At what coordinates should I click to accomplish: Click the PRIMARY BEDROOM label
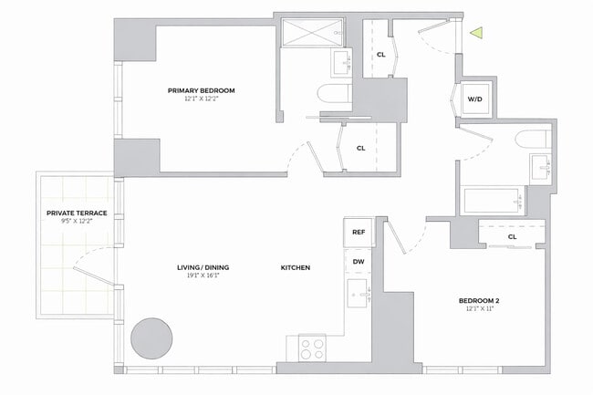[x=202, y=90]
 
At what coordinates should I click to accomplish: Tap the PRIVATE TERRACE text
[x=77, y=213]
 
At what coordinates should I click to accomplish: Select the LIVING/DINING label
[x=202, y=267]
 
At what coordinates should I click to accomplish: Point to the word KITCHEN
[x=296, y=267]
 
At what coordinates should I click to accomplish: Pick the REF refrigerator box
[x=359, y=233]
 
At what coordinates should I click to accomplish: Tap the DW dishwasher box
[x=359, y=262]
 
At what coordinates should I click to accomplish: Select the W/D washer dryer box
[x=475, y=99]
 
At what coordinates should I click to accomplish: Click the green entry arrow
[x=475, y=34]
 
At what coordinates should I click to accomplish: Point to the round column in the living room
[x=149, y=338]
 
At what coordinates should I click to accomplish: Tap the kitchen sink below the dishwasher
[x=359, y=295]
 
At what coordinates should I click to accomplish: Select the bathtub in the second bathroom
[x=492, y=200]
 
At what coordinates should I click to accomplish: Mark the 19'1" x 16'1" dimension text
[x=202, y=276]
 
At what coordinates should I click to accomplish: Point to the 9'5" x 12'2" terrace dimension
[x=77, y=222]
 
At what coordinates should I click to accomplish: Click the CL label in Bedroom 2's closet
[x=512, y=236]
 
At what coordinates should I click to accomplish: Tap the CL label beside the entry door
[x=380, y=54]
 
